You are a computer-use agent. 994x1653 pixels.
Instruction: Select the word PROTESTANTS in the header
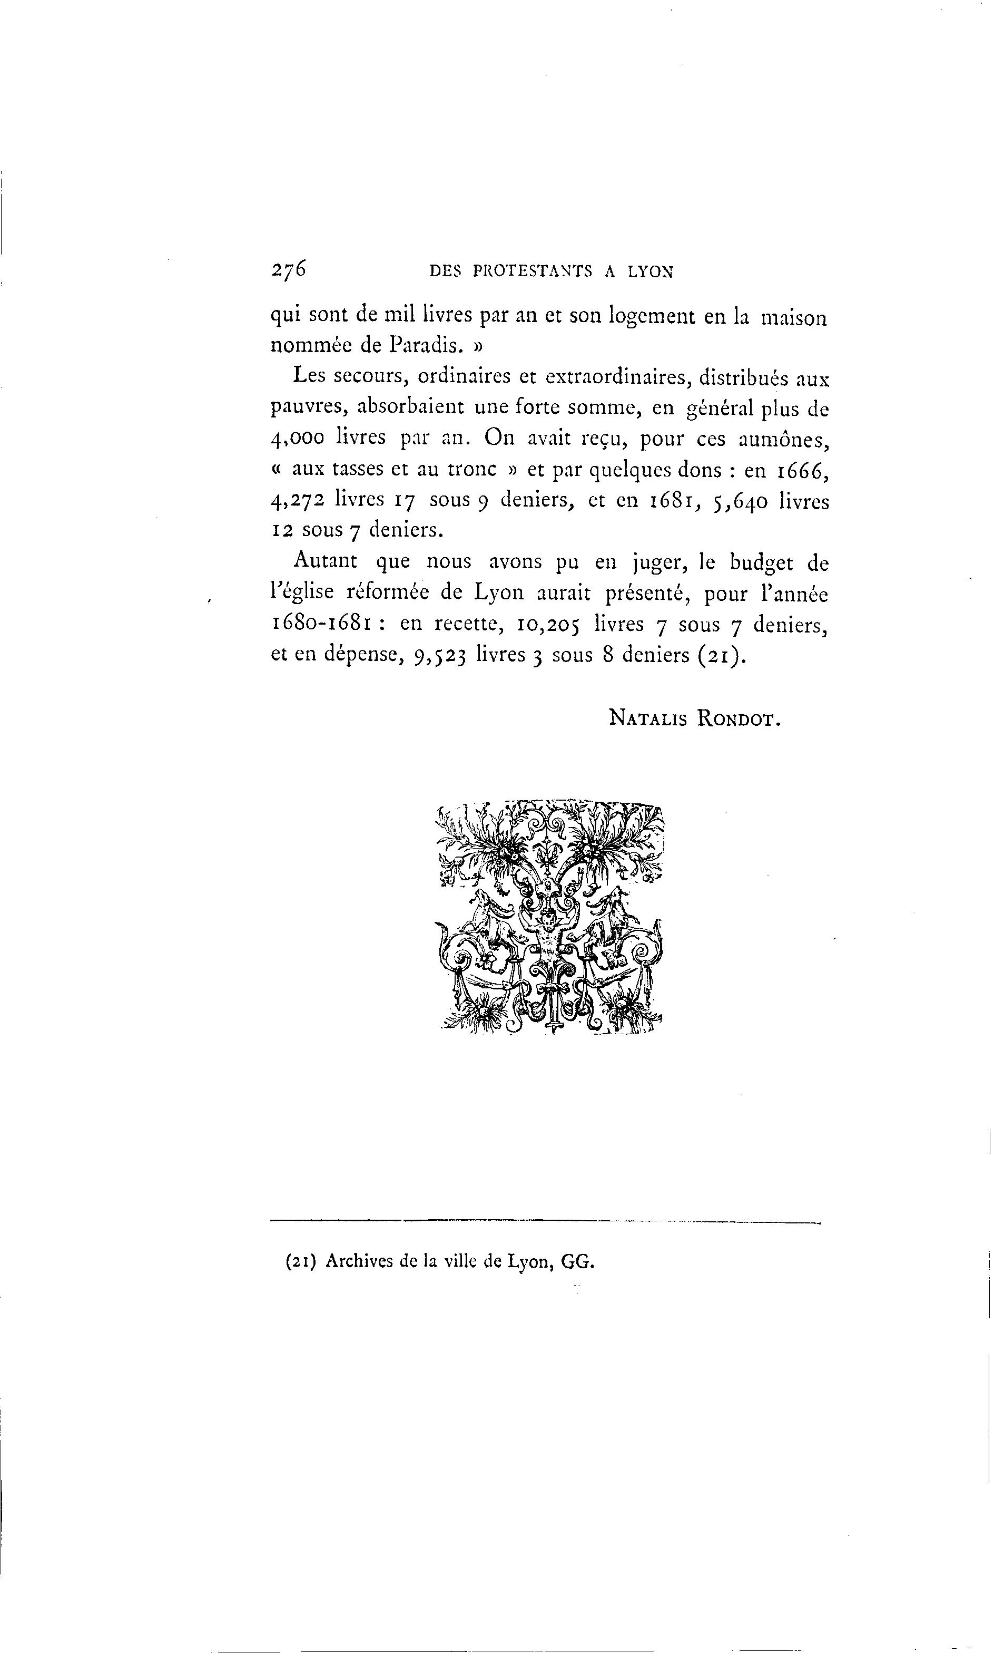click(x=533, y=271)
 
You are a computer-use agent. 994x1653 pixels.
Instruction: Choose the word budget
click(x=760, y=563)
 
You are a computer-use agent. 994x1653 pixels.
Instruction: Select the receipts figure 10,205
click(x=547, y=625)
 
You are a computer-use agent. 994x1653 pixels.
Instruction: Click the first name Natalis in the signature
click(x=648, y=718)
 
